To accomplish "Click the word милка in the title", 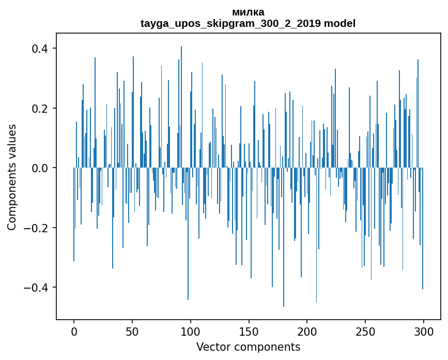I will pyautogui.click(x=248, y=12).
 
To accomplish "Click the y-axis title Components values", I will pyautogui.click(x=11, y=177).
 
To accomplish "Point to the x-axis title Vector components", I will pyautogui.click(x=248, y=347).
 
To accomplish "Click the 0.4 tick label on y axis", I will pyautogui.click(x=40, y=49).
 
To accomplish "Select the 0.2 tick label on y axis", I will pyautogui.click(x=40, y=109).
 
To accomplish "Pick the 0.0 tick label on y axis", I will pyautogui.click(x=40, y=168).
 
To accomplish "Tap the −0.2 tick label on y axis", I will pyautogui.click(x=36, y=228).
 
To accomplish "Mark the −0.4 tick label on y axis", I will pyautogui.click(x=36, y=288).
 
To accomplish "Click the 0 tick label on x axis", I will pyautogui.click(x=74, y=332).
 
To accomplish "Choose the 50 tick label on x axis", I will pyautogui.click(x=132, y=332).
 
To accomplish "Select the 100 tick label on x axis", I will pyautogui.click(x=191, y=332).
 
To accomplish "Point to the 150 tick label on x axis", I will pyautogui.click(x=249, y=332).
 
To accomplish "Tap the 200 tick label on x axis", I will pyautogui.click(x=307, y=332).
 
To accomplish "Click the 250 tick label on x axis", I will pyautogui.click(x=365, y=332).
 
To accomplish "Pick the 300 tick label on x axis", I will pyautogui.click(x=424, y=332).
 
